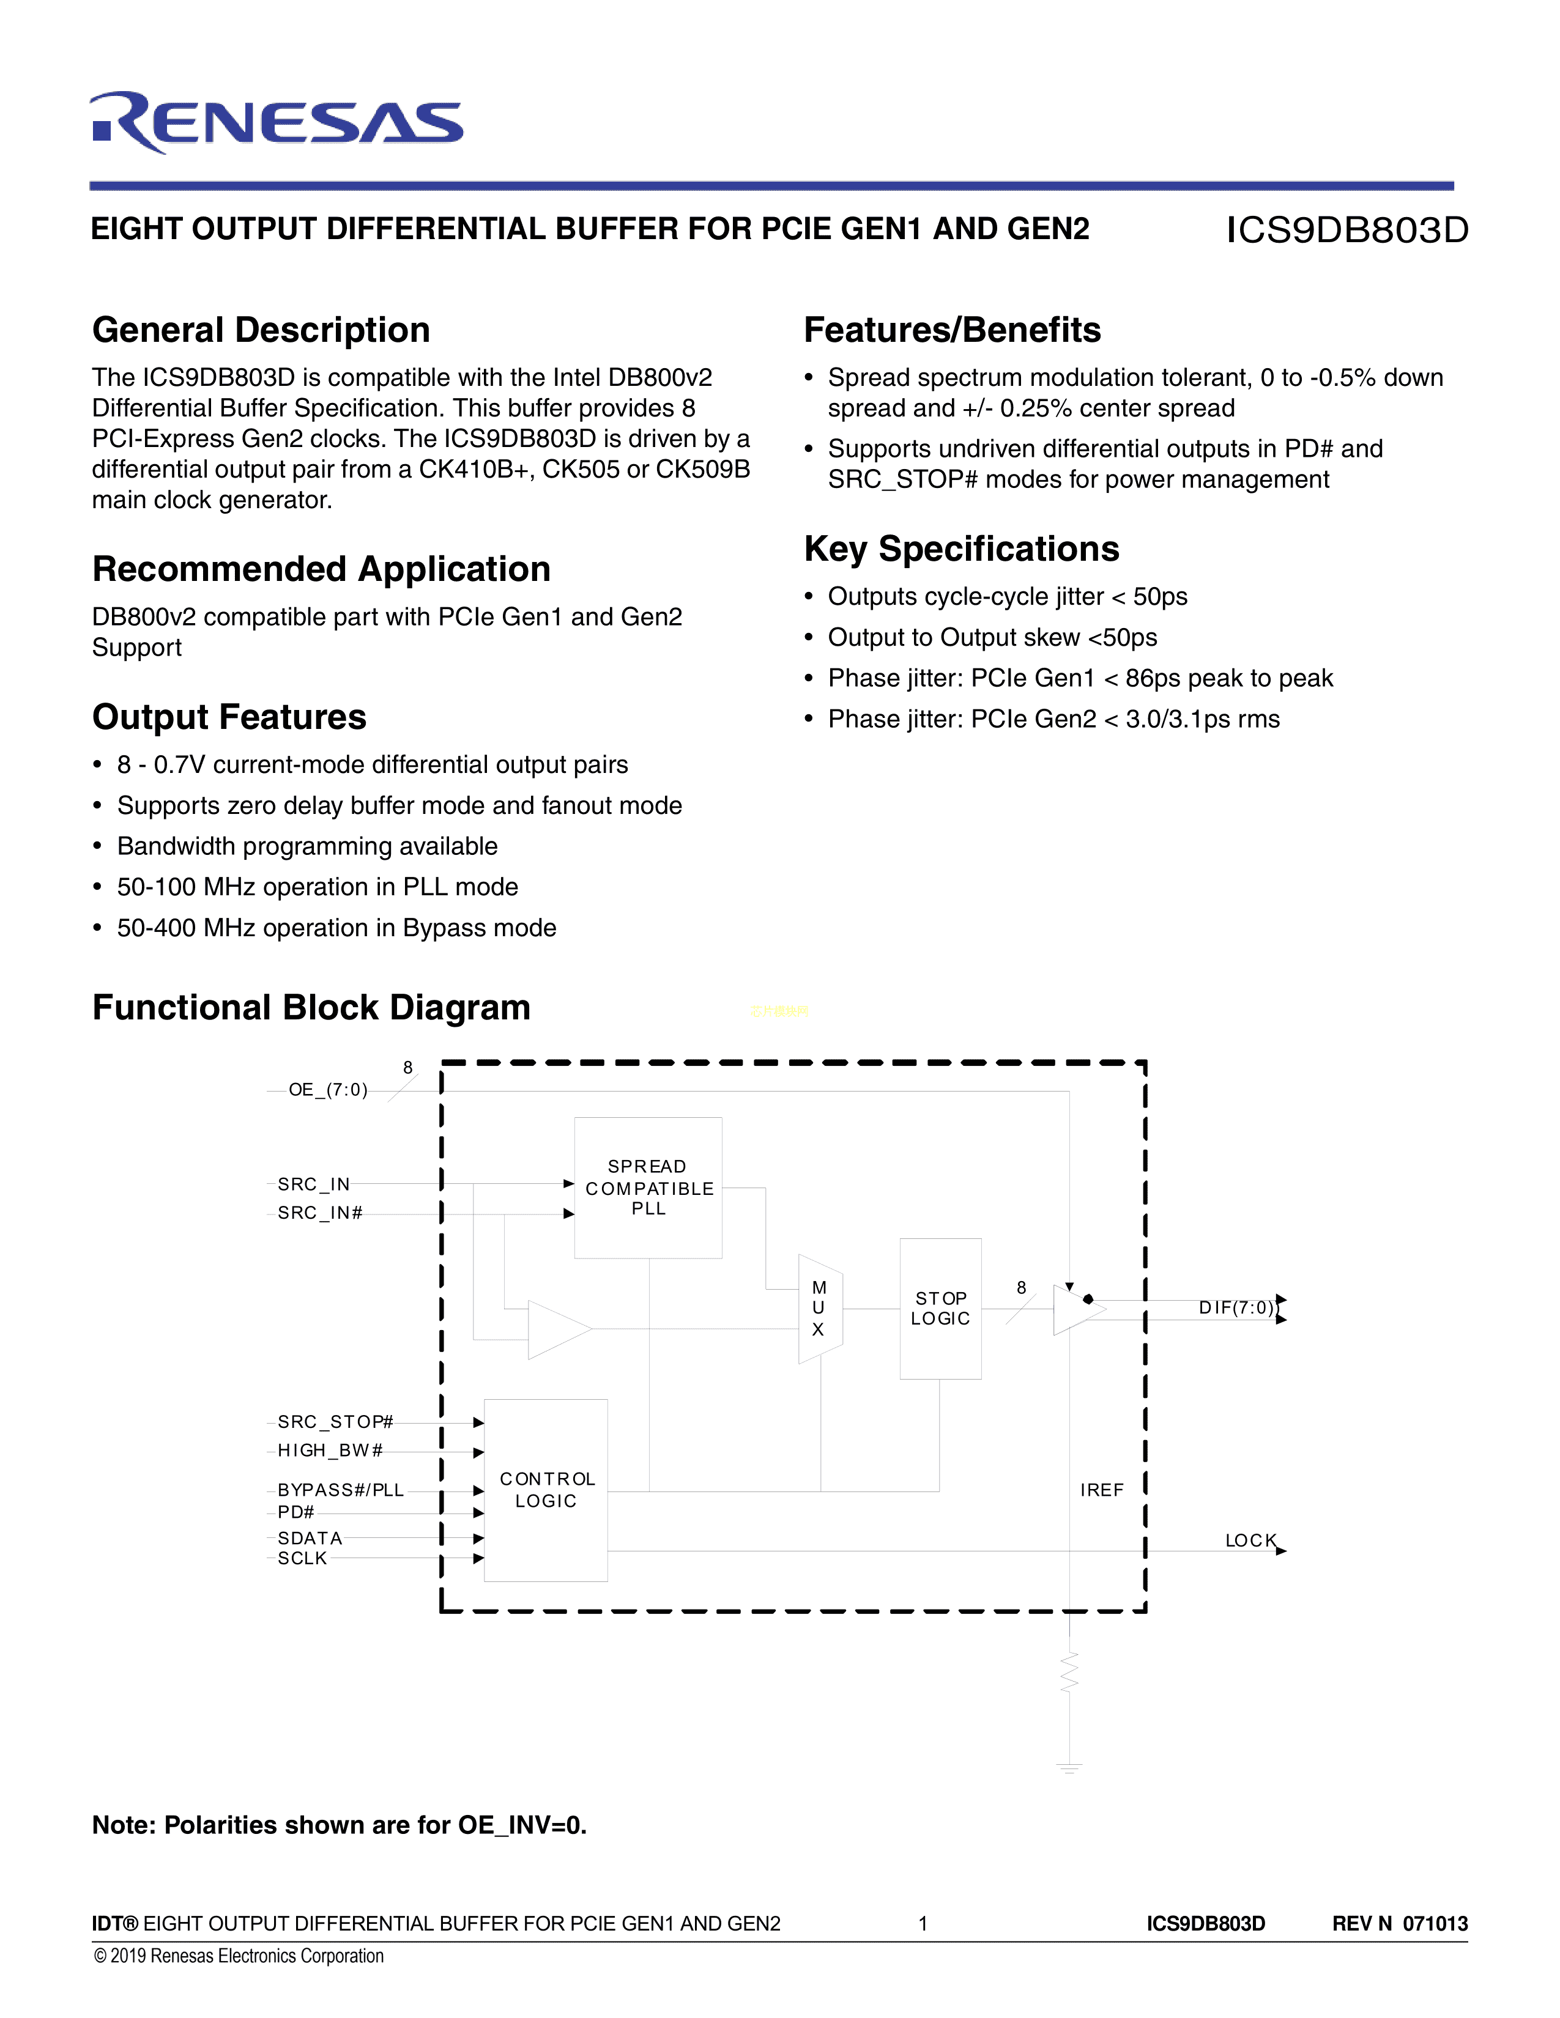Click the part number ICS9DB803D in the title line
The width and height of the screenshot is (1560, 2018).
(x=1346, y=230)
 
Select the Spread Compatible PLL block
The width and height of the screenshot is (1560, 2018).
(x=648, y=1188)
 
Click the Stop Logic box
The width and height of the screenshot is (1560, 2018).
(x=940, y=1309)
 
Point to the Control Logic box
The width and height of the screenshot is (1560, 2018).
(x=546, y=1490)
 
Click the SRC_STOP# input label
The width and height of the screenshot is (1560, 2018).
(x=335, y=1421)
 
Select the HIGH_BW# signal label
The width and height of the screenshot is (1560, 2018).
(x=330, y=1450)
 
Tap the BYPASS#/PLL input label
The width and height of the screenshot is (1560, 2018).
(x=340, y=1490)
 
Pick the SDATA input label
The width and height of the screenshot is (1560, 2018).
(x=310, y=1537)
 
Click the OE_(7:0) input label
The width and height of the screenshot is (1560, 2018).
(x=328, y=1090)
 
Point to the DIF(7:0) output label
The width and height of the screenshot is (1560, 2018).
(x=1236, y=1307)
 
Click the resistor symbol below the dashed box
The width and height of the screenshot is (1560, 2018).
(x=1069, y=1672)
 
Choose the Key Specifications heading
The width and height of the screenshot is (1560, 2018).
(x=961, y=549)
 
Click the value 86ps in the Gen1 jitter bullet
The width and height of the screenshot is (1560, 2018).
(x=1153, y=678)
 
